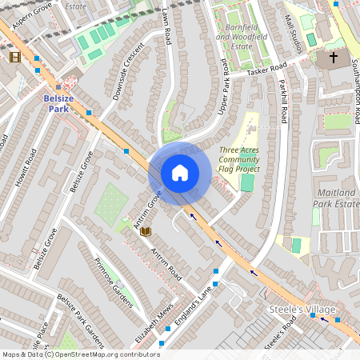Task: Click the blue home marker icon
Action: (x=180, y=173)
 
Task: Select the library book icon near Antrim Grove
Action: (x=146, y=232)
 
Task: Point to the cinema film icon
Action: (x=15, y=57)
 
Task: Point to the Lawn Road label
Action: (x=167, y=27)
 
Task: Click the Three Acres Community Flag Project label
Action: (x=239, y=159)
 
